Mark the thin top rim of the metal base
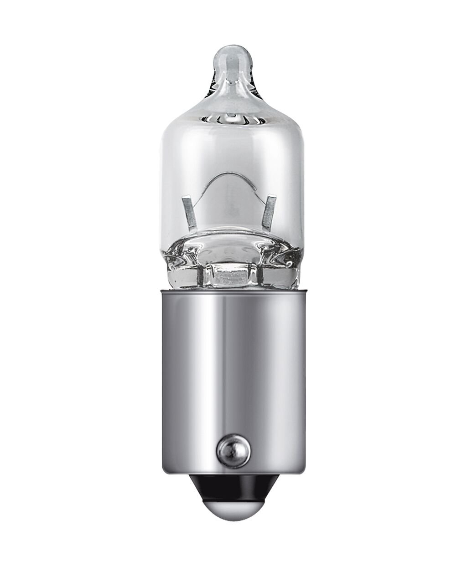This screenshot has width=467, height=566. click(x=233, y=290)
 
